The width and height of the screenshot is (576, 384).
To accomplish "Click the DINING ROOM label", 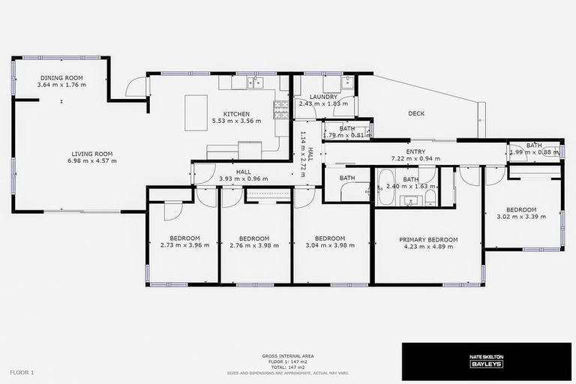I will (61, 78).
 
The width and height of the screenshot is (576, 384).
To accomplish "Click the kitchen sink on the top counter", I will (256, 82).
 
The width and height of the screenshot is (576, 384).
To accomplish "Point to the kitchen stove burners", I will (282, 110).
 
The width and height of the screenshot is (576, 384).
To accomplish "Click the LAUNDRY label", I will (323, 97).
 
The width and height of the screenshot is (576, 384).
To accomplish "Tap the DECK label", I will (416, 114).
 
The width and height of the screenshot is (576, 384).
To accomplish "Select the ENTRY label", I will (415, 151).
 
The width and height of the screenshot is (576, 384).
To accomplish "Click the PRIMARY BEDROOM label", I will (428, 240).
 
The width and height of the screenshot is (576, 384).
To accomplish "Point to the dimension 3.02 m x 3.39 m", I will (521, 217).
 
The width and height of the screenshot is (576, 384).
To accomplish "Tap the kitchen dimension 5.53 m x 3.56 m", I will (236, 121).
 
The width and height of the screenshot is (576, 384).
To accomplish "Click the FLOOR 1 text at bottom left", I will (22, 372).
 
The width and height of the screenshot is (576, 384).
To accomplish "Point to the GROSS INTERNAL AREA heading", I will (288, 356).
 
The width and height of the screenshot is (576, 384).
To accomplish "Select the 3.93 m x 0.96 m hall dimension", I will (243, 178).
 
